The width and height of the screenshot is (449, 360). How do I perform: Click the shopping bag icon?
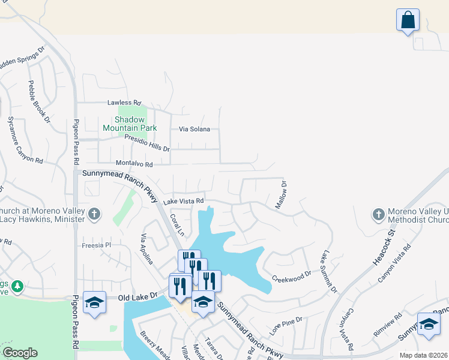(408, 20)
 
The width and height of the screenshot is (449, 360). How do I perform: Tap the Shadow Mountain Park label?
(130, 124)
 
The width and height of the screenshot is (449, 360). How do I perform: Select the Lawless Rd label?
(124, 103)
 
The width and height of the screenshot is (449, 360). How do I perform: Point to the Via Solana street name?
(194, 129)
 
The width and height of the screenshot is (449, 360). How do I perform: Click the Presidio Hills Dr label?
(147, 143)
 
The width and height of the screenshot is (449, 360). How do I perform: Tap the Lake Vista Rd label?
(184, 201)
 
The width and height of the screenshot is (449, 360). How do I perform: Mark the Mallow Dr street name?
(280, 196)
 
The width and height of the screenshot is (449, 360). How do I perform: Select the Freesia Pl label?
(97, 245)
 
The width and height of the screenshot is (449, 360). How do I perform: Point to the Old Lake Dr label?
(137, 296)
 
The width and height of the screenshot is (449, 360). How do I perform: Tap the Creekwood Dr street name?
(291, 278)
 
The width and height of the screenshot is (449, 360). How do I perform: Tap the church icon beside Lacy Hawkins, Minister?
(94, 214)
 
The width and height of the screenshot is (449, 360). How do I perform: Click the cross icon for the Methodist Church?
(378, 214)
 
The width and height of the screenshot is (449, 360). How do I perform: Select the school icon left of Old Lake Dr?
(95, 302)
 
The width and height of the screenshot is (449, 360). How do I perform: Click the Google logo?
(20, 353)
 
